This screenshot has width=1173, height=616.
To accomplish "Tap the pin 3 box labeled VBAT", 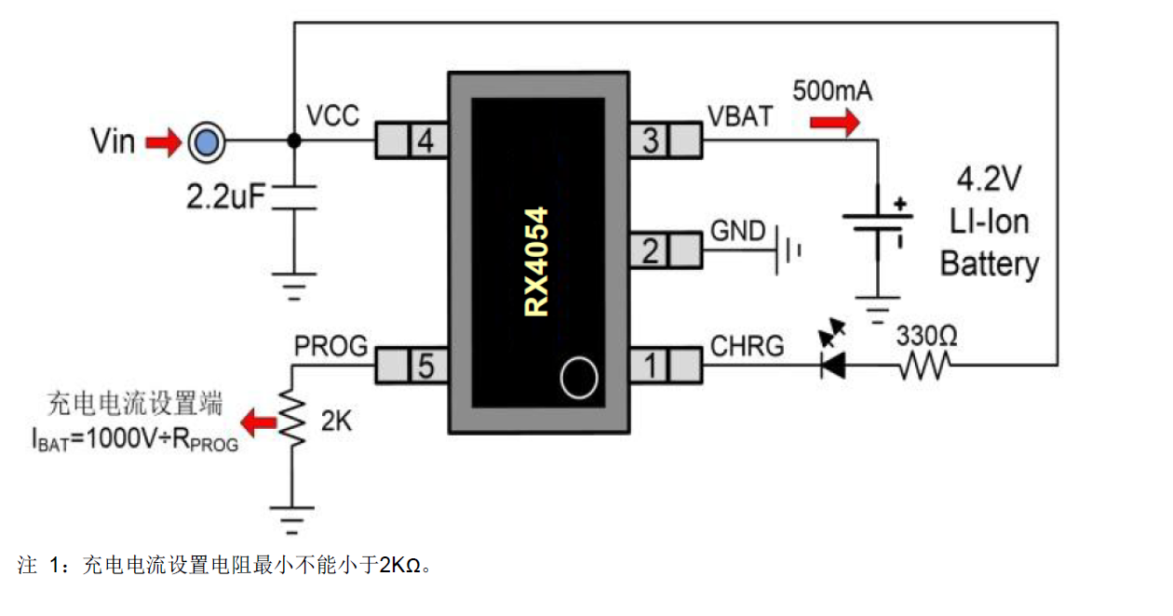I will [x=665, y=141].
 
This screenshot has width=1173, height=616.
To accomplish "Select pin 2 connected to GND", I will [x=665, y=250].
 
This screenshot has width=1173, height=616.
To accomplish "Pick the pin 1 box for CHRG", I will [x=665, y=366].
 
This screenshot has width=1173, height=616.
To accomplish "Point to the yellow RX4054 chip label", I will [x=537, y=261].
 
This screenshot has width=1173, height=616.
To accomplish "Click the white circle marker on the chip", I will [x=579, y=378].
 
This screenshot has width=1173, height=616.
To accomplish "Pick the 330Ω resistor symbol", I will [x=925, y=365].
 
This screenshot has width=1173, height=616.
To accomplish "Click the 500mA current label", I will [x=832, y=91].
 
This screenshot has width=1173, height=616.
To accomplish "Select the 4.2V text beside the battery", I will [x=989, y=179].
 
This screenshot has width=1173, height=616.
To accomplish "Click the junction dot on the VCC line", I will [x=294, y=141].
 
